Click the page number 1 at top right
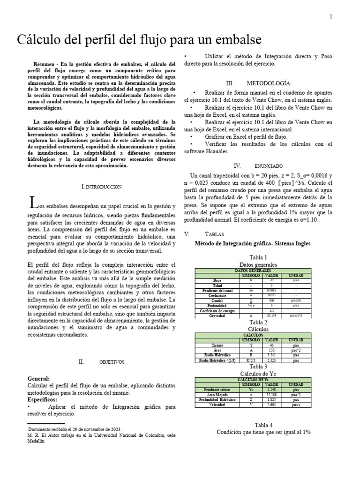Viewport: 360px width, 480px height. [x=331, y=17]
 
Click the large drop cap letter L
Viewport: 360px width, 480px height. [x=33, y=203]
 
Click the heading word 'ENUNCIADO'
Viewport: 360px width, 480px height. [x=269, y=166]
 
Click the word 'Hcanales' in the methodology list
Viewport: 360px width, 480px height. [x=215, y=151]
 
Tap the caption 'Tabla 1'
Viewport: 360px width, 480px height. [x=258, y=257]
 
